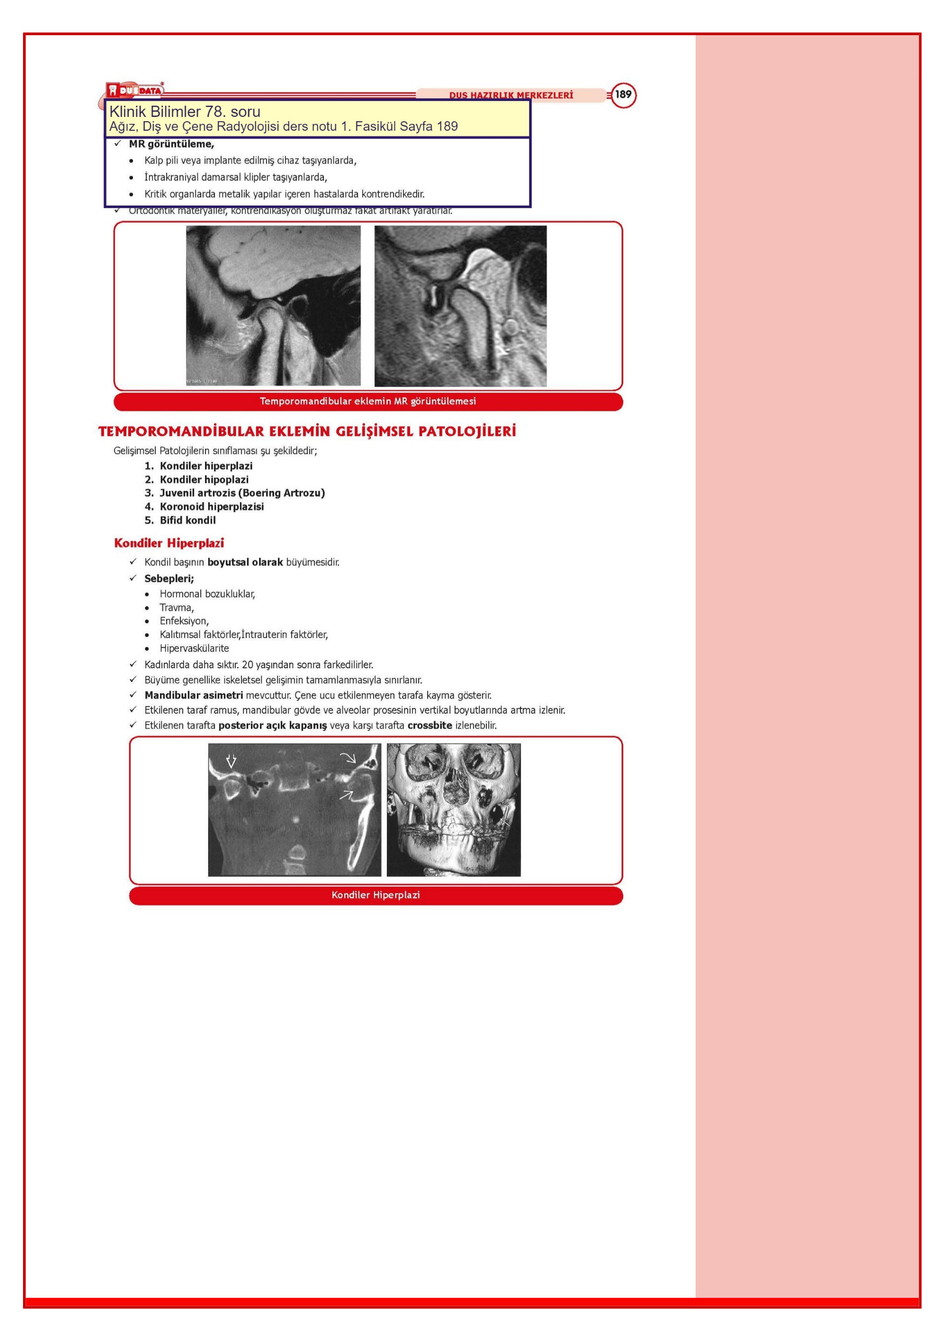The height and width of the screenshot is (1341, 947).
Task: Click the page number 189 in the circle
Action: (624, 94)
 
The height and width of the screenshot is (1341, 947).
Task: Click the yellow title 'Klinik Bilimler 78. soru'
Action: (185, 112)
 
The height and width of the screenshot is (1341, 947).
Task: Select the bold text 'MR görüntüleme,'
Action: (171, 144)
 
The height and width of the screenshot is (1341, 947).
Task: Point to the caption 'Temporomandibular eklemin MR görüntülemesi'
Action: (367, 401)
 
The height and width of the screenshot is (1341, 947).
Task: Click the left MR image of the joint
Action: (273, 305)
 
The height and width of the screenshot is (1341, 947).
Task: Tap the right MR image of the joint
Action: (460, 306)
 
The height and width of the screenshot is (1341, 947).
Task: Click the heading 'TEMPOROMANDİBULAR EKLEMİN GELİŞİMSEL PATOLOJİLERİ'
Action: (307, 432)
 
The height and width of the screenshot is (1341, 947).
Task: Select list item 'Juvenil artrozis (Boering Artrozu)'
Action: (242, 493)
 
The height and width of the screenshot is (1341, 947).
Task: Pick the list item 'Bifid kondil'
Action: (187, 520)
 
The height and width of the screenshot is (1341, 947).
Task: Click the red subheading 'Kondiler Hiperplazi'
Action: (169, 543)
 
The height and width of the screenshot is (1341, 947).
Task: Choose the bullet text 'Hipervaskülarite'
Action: (194, 648)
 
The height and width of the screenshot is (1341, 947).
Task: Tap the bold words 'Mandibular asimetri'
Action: (193, 695)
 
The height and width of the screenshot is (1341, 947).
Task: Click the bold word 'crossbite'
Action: (429, 725)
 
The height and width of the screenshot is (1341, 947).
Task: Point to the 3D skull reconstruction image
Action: (453, 809)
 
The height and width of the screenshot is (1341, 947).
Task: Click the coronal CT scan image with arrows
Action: (295, 809)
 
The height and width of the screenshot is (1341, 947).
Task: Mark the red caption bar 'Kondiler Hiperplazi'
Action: (376, 895)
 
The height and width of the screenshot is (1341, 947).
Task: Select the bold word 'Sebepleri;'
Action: (169, 578)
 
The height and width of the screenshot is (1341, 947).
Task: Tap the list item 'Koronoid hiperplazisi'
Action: (211, 507)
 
